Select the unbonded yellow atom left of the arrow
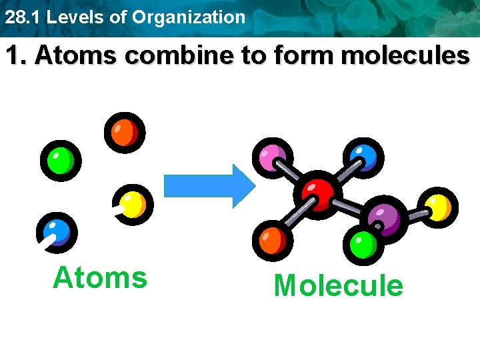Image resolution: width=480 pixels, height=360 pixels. pyautogui.click(x=133, y=203)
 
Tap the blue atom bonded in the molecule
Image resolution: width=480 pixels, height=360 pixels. pyautogui.click(x=364, y=156)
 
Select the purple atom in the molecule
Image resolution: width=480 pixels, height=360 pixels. pyautogui.click(x=383, y=217)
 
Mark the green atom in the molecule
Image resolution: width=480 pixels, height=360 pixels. pyautogui.click(x=363, y=245)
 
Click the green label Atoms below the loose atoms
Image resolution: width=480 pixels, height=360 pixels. pyautogui.click(x=100, y=277)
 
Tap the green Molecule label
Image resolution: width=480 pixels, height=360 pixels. pyautogui.click(x=338, y=286)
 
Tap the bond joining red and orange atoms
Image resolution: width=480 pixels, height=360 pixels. pyautogui.click(x=294, y=216)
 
